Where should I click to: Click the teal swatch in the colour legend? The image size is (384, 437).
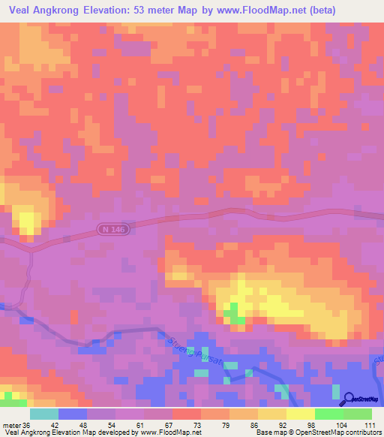[x=43, y=414]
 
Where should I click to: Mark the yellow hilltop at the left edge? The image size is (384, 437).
[x=28, y=220]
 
